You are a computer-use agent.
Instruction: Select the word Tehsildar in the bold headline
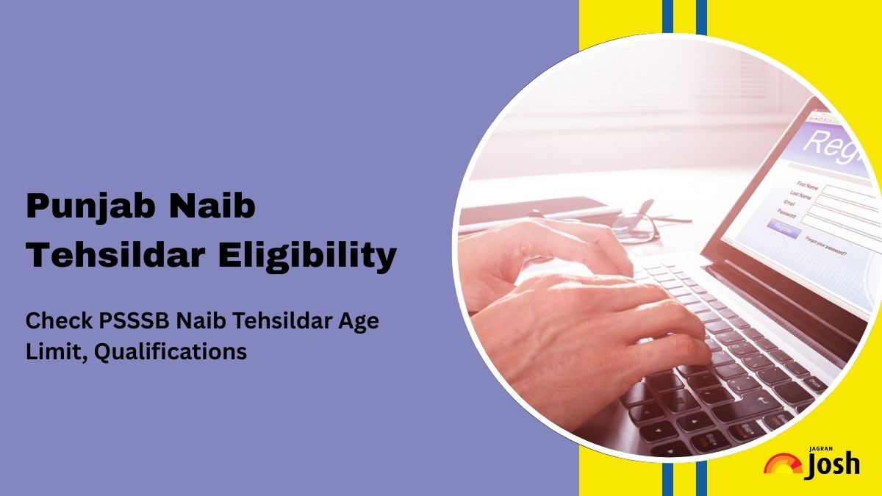[110, 256]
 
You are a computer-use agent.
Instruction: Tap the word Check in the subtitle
[52, 322]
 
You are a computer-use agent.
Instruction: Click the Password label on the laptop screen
[786, 215]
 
